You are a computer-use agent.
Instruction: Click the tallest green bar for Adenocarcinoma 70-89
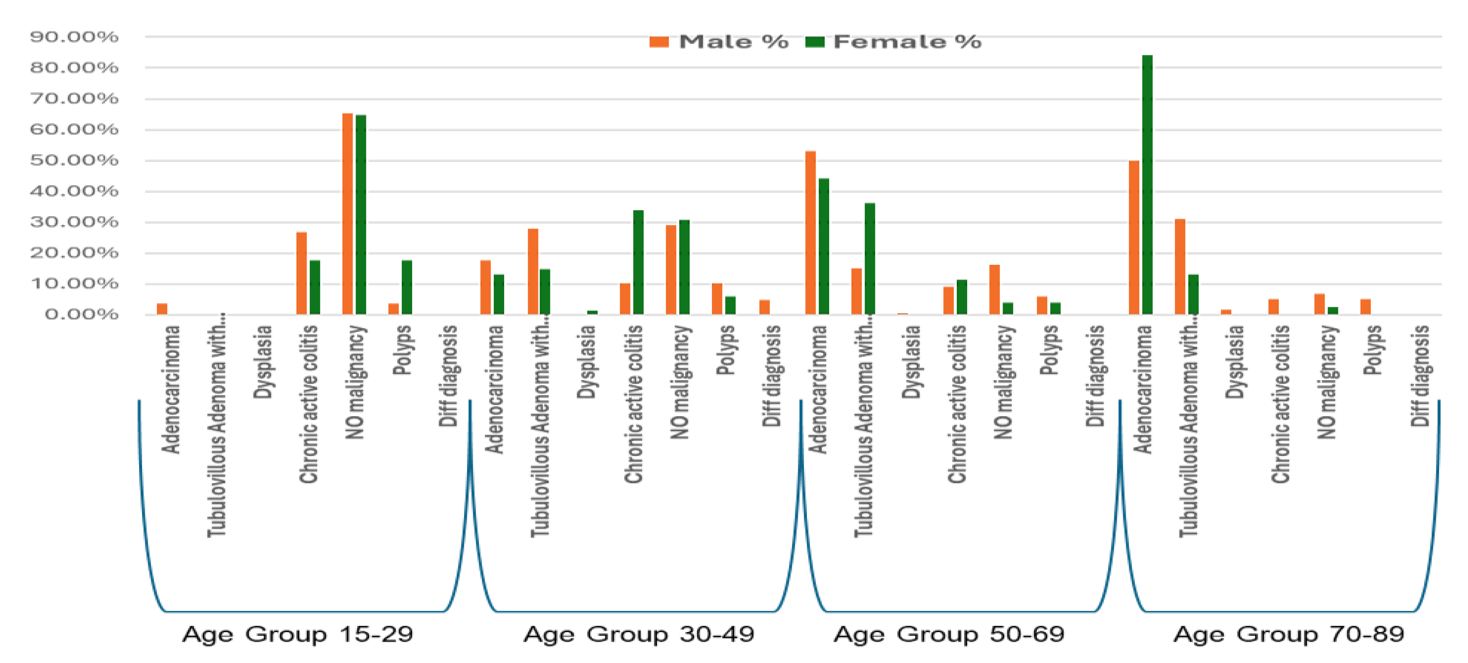click(x=1147, y=185)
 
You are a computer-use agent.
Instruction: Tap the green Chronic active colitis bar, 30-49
click(x=638, y=263)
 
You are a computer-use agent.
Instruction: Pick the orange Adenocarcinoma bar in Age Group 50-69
click(x=810, y=233)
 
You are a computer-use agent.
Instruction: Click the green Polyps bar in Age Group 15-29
click(x=407, y=288)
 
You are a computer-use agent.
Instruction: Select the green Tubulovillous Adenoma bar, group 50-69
click(x=870, y=258)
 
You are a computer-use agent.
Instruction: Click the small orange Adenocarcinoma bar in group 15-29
click(x=162, y=309)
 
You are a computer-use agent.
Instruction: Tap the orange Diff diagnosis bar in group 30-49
click(x=764, y=307)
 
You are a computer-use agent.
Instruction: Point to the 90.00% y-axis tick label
click(x=74, y=37)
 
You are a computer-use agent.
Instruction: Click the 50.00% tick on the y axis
click(x=74, y=161)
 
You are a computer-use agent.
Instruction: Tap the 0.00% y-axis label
click(x=81, y=315)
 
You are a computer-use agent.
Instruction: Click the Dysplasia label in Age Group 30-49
click(x=587, y=361)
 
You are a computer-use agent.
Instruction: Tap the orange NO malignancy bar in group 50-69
click(x=994, y=289)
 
